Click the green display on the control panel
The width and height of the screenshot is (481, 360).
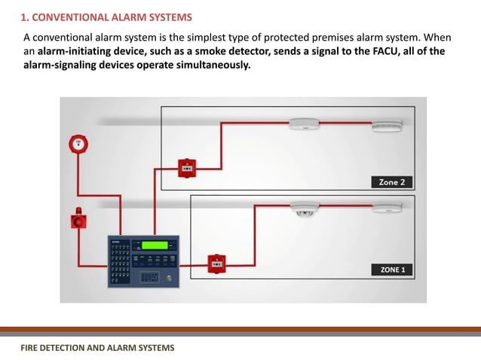(155, 245)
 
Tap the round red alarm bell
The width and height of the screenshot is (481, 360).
(75, 143)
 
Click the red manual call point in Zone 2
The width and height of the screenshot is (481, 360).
(184, 167)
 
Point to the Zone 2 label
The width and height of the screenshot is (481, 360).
(392, 182)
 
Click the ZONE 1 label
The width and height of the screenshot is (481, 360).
(392, 269)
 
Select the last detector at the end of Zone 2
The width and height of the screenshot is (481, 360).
(386, 125)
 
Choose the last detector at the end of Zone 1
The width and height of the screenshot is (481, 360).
(387, 208)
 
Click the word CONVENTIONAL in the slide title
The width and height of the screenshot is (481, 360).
(65, 17)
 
